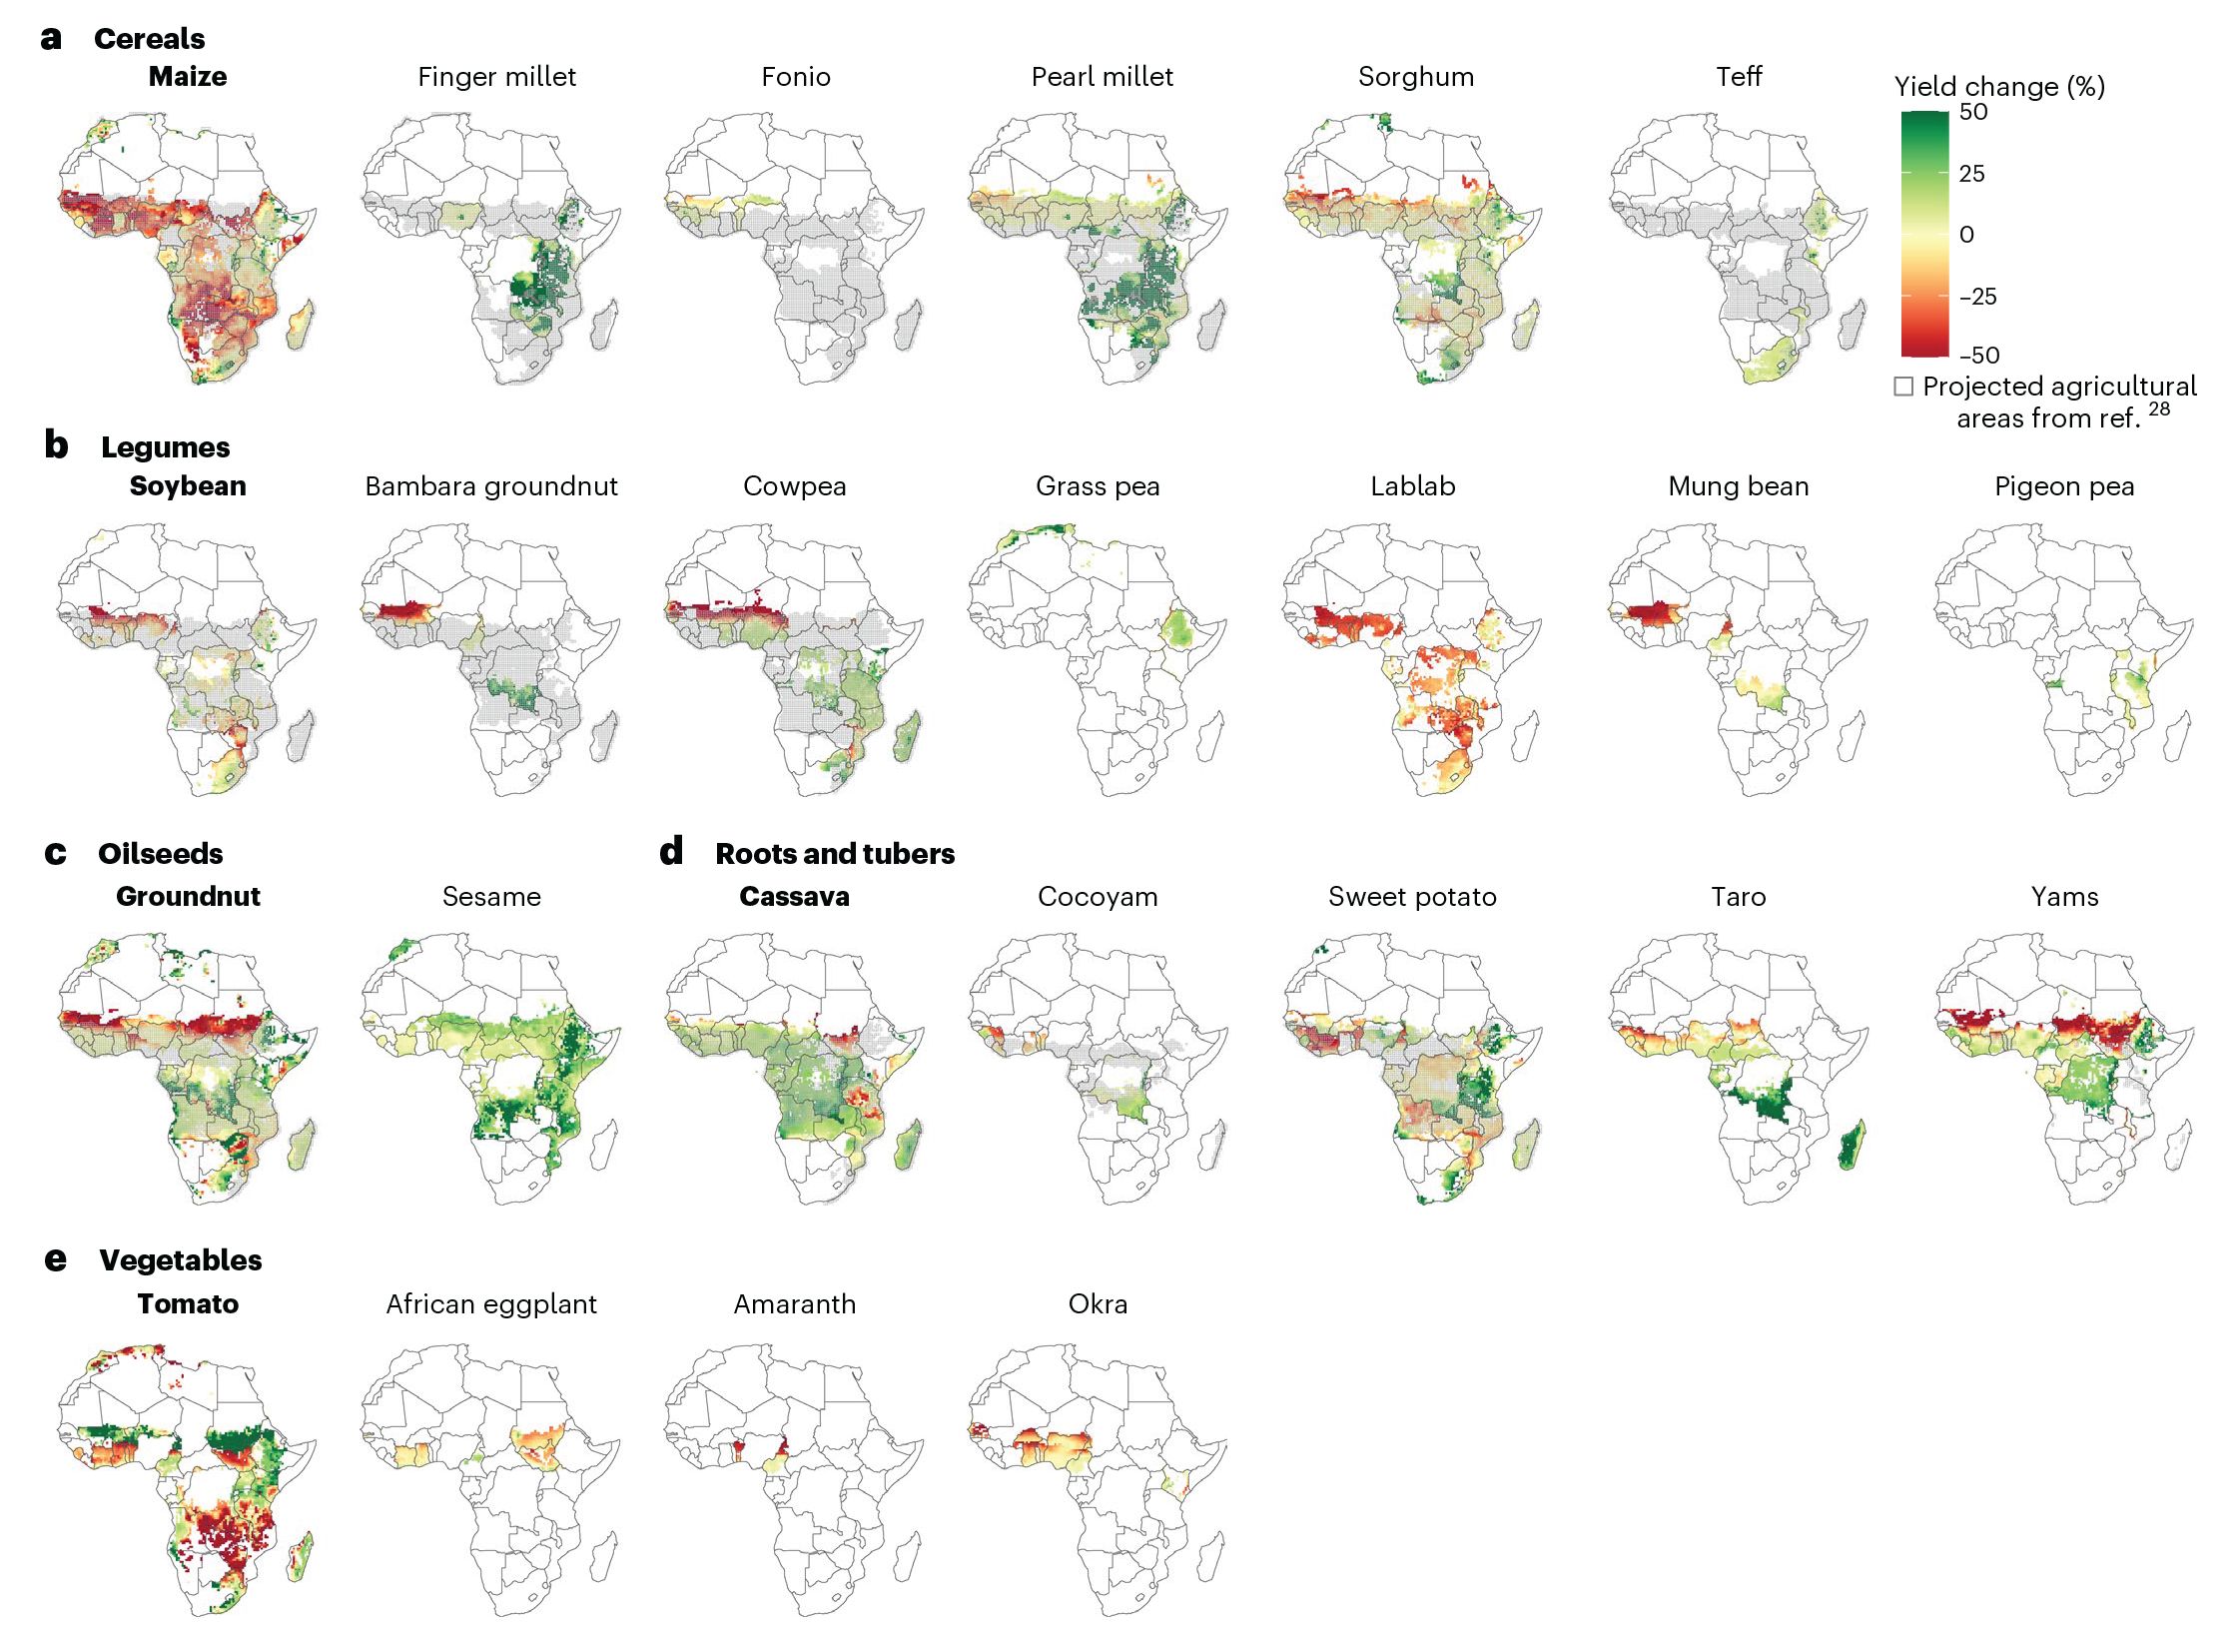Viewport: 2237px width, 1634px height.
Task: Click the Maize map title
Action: (x=188, y=77)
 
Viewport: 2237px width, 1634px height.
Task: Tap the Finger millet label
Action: (x=496, y=77)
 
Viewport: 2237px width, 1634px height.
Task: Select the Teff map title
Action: (x=1739, y=77)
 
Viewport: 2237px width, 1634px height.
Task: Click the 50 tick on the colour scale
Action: (x=1973, y=112)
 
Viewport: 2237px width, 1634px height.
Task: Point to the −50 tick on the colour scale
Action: (x=1978, y=356)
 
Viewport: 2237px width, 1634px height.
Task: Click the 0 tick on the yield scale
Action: (x=1966, y=235)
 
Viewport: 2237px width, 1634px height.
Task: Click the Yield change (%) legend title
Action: (x=1999, y=87)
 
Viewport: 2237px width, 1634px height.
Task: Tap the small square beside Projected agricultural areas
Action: (x=1904, y=387)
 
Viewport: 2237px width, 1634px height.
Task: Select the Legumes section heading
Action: (x=165, y=447)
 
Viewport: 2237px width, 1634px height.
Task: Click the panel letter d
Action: (x=671, y=852)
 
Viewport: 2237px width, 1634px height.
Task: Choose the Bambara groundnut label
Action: (x=491, y=486)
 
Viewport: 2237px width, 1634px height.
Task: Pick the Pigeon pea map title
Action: (x=2064, y=486)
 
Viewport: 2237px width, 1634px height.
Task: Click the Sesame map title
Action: (x=491, y=897)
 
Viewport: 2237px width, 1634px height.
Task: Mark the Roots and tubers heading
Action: (x=835, y=854)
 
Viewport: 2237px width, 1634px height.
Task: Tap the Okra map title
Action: (x=1098, y=1304)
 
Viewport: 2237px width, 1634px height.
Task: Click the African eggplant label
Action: (x=491, y=1304)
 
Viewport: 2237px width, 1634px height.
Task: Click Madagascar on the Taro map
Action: (x=1851, y=1145)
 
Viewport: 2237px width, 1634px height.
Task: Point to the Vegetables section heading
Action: (x=181, y=1260)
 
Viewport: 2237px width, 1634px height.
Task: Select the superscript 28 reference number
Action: (x=2159, y=408)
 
